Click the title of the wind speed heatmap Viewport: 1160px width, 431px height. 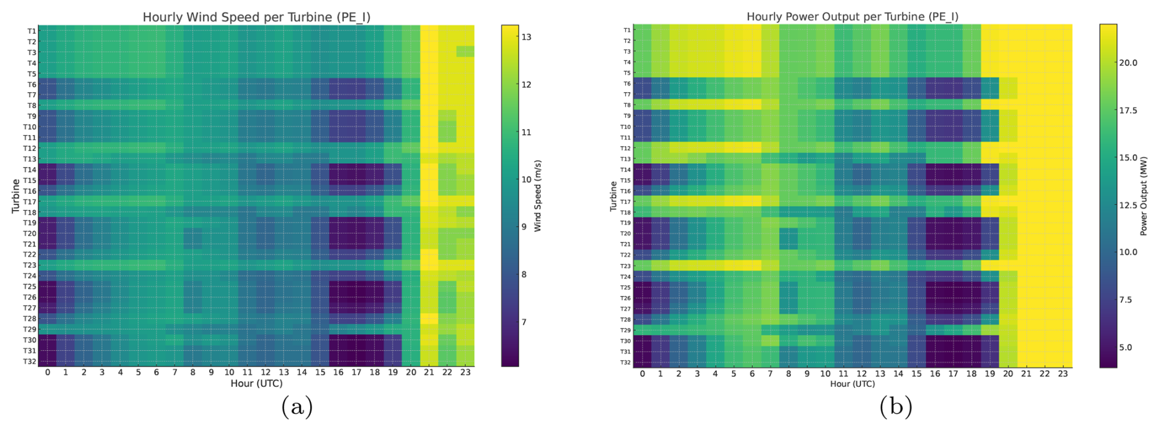(256, 17)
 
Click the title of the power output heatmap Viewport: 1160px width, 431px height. (852, 17)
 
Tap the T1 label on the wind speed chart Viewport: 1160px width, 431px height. (32, 31)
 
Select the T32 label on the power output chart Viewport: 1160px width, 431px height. (627, 362)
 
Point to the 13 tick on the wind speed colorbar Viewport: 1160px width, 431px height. (526, 37)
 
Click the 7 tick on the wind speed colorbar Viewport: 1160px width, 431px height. (524, 322)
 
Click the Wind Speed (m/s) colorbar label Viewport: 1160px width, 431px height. (538, 196)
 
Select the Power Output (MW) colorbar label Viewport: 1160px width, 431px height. (1143, 195)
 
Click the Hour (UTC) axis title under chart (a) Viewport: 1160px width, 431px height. (256, 384)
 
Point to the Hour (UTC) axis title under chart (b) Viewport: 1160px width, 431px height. (852, 384)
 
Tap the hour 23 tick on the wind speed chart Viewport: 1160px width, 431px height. (465, 373)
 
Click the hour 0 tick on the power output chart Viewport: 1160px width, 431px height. (643, 374)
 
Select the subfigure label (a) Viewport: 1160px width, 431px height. (297, 407)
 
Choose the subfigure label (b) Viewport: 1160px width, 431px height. (896, 407)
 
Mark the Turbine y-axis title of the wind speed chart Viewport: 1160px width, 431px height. (15, 196)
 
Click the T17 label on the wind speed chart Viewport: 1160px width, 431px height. (30, 201)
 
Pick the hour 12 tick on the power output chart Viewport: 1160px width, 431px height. (861, 374)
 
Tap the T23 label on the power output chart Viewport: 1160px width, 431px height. (627, 266)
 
